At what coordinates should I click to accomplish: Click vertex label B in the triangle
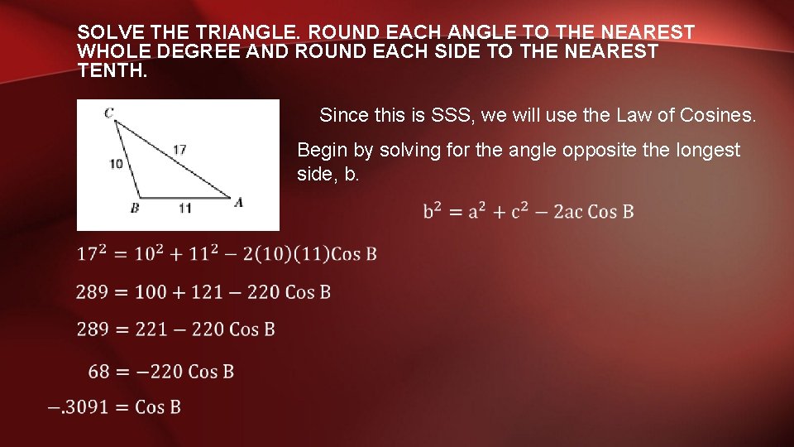click(x=135, y=209)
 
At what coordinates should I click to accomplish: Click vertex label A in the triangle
click(x=238, y=202)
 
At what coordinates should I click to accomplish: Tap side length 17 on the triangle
click(x=179, y=150)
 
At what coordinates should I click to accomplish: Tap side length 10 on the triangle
click(x=116, y=164)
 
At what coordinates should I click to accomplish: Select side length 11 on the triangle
click(x=184, y=209)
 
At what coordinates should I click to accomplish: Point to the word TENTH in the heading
click(x=111, y=70)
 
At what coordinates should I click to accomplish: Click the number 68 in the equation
click(x=99, y=371)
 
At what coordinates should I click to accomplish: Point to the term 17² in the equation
click(x=93, y=252)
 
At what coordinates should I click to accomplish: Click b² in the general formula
click(x=433, y=211)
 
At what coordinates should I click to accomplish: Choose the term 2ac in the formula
click(x=567, y=211)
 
